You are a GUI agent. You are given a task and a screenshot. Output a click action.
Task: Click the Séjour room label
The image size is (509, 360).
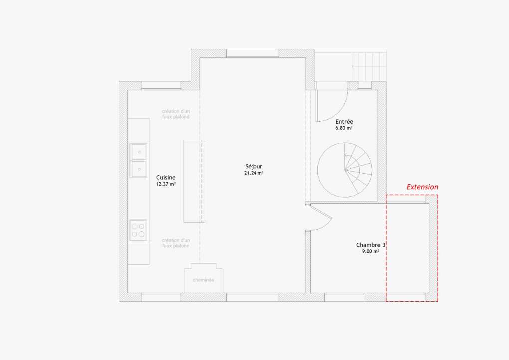[254, 167]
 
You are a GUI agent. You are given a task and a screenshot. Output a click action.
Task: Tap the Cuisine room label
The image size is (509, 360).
[166, 177]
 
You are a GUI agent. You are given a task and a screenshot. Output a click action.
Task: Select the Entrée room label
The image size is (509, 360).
[344, 121]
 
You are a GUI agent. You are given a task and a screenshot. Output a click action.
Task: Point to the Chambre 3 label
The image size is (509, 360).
[371, 245]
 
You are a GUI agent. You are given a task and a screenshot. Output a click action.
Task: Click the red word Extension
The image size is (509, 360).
[422, 187]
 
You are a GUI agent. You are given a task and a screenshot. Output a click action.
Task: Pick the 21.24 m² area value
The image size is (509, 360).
[254, 173]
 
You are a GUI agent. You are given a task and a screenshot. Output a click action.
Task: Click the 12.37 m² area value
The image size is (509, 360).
[166, 184]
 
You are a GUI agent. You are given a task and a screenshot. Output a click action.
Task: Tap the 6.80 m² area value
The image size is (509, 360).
[344, 128]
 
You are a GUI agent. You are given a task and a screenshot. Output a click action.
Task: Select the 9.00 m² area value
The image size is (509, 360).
[371, 251]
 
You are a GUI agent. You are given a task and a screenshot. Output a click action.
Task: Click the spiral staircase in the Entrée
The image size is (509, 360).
[345, 170]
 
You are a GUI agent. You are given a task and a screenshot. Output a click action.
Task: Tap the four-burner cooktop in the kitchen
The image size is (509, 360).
[138, 230]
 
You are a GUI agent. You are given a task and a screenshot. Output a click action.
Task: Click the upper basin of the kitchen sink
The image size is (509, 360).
[139, 152]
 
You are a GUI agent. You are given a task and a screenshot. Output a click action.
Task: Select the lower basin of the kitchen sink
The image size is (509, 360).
[139, 169]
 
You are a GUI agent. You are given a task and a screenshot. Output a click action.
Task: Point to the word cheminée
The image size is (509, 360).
[203, 280]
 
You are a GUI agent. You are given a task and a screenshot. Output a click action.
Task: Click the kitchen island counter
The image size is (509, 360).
[194, 181]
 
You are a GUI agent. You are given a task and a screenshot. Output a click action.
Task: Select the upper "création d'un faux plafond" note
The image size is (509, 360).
[176, 114]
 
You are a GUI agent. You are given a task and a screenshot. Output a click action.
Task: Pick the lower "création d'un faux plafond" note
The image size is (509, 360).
[176, 243]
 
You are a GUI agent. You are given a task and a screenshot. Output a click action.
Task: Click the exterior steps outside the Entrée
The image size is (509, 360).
[369, 67]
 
